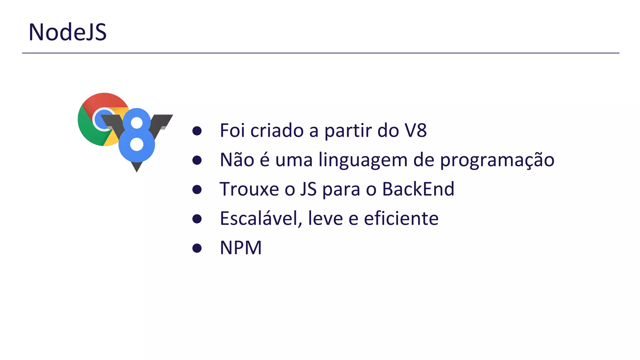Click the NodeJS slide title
click(x=67, y=32)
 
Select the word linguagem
click(x=363, y=160)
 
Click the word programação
click(x=497, y=160)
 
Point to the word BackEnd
click(x=418, y=189)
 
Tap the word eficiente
click(x=401, y=218)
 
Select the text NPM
click(x=241, y=248)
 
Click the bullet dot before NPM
click(x=197, y=248)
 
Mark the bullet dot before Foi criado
click(x=197, y=131)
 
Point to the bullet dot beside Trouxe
click(x=197, y=189)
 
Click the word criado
click(x=277, y=130)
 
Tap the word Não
click(x=237, y=160)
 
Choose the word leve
click(x=325, y=218)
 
